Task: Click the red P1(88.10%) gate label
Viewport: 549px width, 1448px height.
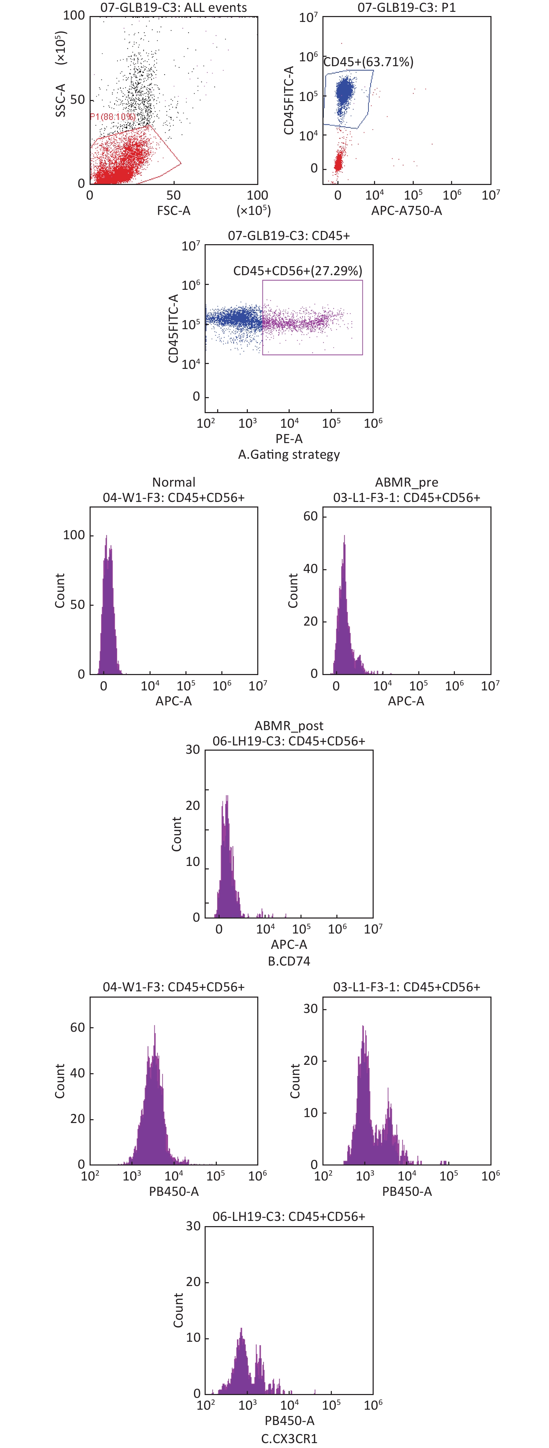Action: tap(113, 116)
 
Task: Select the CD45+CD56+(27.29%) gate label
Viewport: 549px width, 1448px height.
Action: tap(298, 271)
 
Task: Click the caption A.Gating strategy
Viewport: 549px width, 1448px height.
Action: tap(289, 454)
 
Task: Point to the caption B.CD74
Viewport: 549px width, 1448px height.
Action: tap(289, 961)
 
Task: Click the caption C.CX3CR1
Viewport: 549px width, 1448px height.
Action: tap(289, 1439)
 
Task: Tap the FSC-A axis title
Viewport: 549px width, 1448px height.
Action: tap(173, 211)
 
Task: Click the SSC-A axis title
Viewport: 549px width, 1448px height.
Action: tap(61, 100)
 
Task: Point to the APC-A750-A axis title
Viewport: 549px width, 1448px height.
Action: tap(406, 211)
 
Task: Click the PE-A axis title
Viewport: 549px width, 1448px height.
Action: tap(289, 439)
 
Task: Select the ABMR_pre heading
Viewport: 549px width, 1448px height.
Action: tap(406, 482)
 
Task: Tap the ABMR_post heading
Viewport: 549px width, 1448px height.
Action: tap(289, 726)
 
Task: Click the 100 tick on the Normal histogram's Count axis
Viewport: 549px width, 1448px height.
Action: tap(74, 535)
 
